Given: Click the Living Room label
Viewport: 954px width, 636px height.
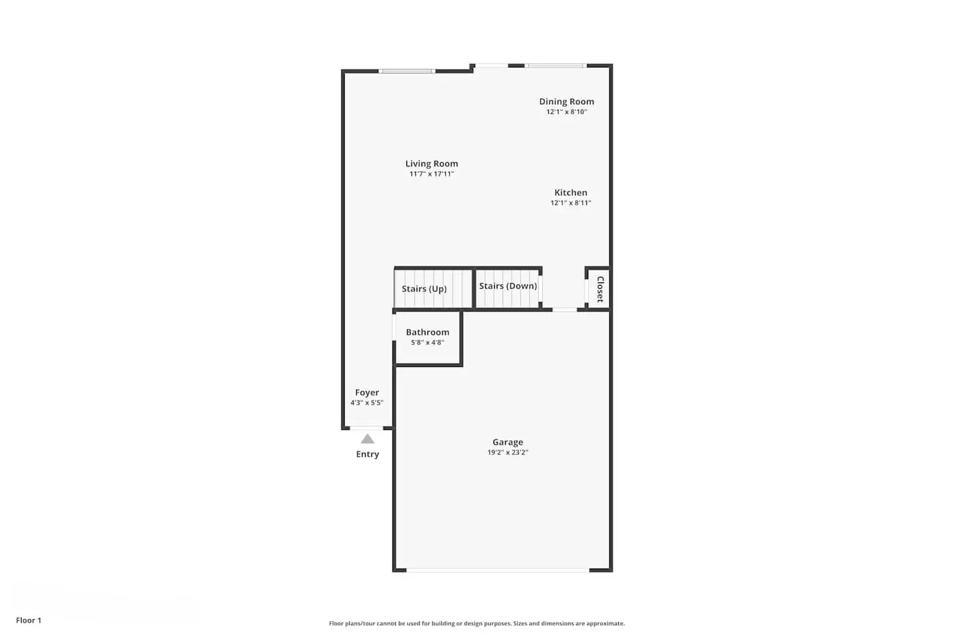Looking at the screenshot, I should click(x=431, y=163).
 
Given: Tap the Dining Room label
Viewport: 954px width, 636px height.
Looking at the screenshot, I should click(x=566, y=101).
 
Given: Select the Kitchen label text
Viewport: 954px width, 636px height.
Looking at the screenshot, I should click(x=570, y=192).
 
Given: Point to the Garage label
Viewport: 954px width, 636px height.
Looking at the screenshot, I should click(x=508, y=442).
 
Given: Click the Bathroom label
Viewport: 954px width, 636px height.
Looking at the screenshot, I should click(x=427, y=332).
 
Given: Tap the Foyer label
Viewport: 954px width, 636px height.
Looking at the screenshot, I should click(x=367, y=392).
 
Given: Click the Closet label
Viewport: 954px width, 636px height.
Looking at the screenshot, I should click(x=600, y=289).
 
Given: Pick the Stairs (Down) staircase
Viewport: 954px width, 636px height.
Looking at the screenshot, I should click(x=508, y=287).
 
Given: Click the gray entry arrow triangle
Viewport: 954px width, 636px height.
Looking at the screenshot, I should click(x=368, y=439).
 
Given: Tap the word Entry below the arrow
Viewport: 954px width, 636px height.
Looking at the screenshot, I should click(x=368, y=454).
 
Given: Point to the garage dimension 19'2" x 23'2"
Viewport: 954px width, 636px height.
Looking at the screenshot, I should click(x=508, y=453).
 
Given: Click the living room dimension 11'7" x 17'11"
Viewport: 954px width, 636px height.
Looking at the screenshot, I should click(x=431, y=174).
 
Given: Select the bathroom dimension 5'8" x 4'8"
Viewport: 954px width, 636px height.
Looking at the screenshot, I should click(x=427, y=343).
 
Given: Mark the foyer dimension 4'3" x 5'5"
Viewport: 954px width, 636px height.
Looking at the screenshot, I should click(x=367, y=403).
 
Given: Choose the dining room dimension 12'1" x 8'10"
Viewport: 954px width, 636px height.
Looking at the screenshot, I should click(x=566, y=112).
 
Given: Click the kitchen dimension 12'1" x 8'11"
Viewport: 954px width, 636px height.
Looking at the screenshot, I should click(x=570, y=203).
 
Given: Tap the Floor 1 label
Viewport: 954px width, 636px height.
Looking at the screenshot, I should click(x=29, y=620).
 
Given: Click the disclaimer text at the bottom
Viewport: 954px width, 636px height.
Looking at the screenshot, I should click(x=476, y=623).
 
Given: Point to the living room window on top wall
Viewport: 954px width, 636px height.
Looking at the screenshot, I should click(x=407, y=71).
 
